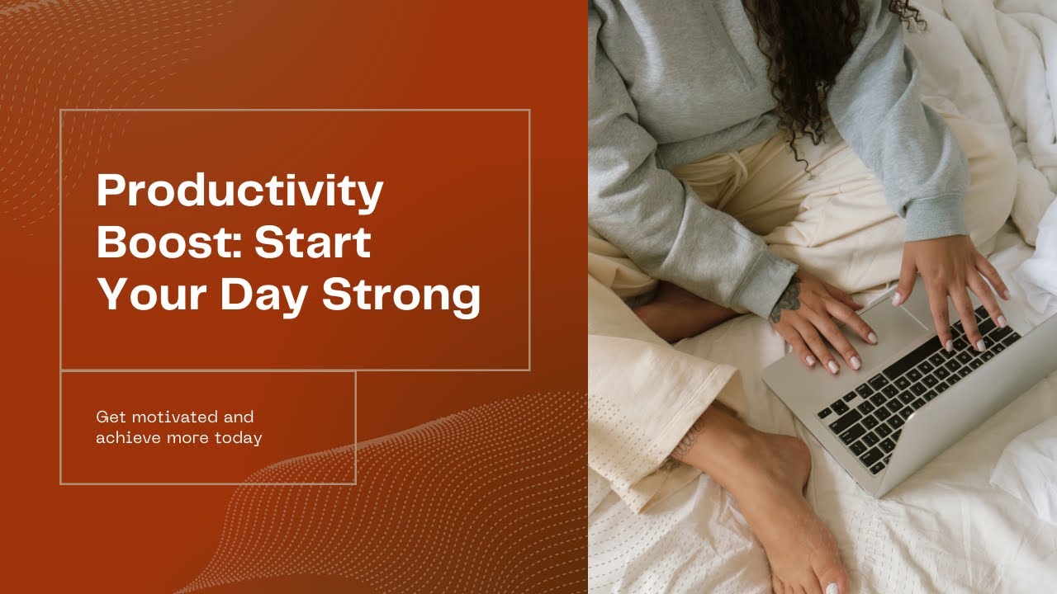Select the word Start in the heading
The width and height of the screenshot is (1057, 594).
tap(312, 243)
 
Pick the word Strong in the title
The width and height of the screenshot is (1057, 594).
tap(401, 295)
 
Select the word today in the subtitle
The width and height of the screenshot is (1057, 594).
tap(238, 438)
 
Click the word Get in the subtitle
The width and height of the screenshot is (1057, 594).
tap(108, 417)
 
